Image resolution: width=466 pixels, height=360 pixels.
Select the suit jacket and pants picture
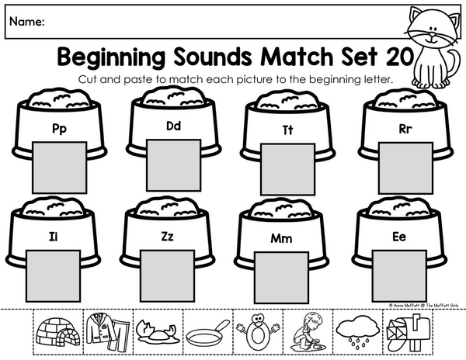109,332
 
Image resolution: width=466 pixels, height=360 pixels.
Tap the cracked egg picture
157,333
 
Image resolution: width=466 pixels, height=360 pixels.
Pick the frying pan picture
207,333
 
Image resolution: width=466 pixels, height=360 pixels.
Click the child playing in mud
308,331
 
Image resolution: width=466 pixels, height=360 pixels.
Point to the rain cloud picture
358,331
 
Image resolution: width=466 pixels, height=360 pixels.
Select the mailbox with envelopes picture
409,333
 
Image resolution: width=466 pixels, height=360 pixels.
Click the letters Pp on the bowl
59,129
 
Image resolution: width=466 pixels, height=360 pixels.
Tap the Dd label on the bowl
173,126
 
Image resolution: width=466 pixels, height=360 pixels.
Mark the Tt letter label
287,130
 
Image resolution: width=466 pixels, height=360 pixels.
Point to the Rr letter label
405,129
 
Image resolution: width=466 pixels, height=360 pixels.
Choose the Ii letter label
53,237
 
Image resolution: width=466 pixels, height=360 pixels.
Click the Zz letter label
167,236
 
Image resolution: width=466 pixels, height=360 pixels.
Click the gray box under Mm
282,278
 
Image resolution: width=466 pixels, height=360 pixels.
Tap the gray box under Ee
399,276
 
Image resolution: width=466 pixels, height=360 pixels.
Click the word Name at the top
26,22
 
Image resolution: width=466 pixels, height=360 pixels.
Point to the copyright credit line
423,305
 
